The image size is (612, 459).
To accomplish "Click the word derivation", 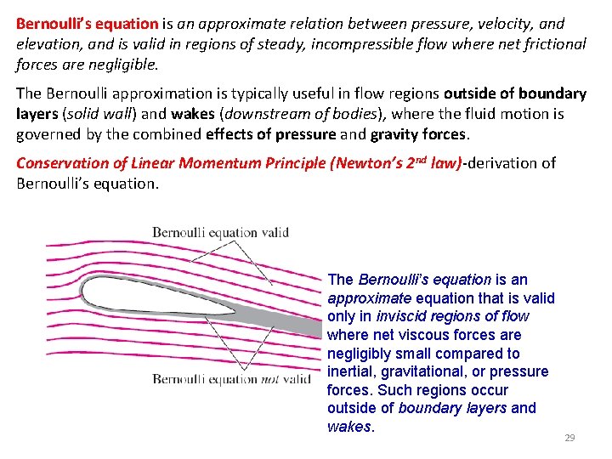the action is [x=503, y=162].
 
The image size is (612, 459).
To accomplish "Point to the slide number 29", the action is [x=569, y=438].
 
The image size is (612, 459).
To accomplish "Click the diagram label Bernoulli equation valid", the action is [x=220, y=232].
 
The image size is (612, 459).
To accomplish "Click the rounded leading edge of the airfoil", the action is [x=83, y=292].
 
